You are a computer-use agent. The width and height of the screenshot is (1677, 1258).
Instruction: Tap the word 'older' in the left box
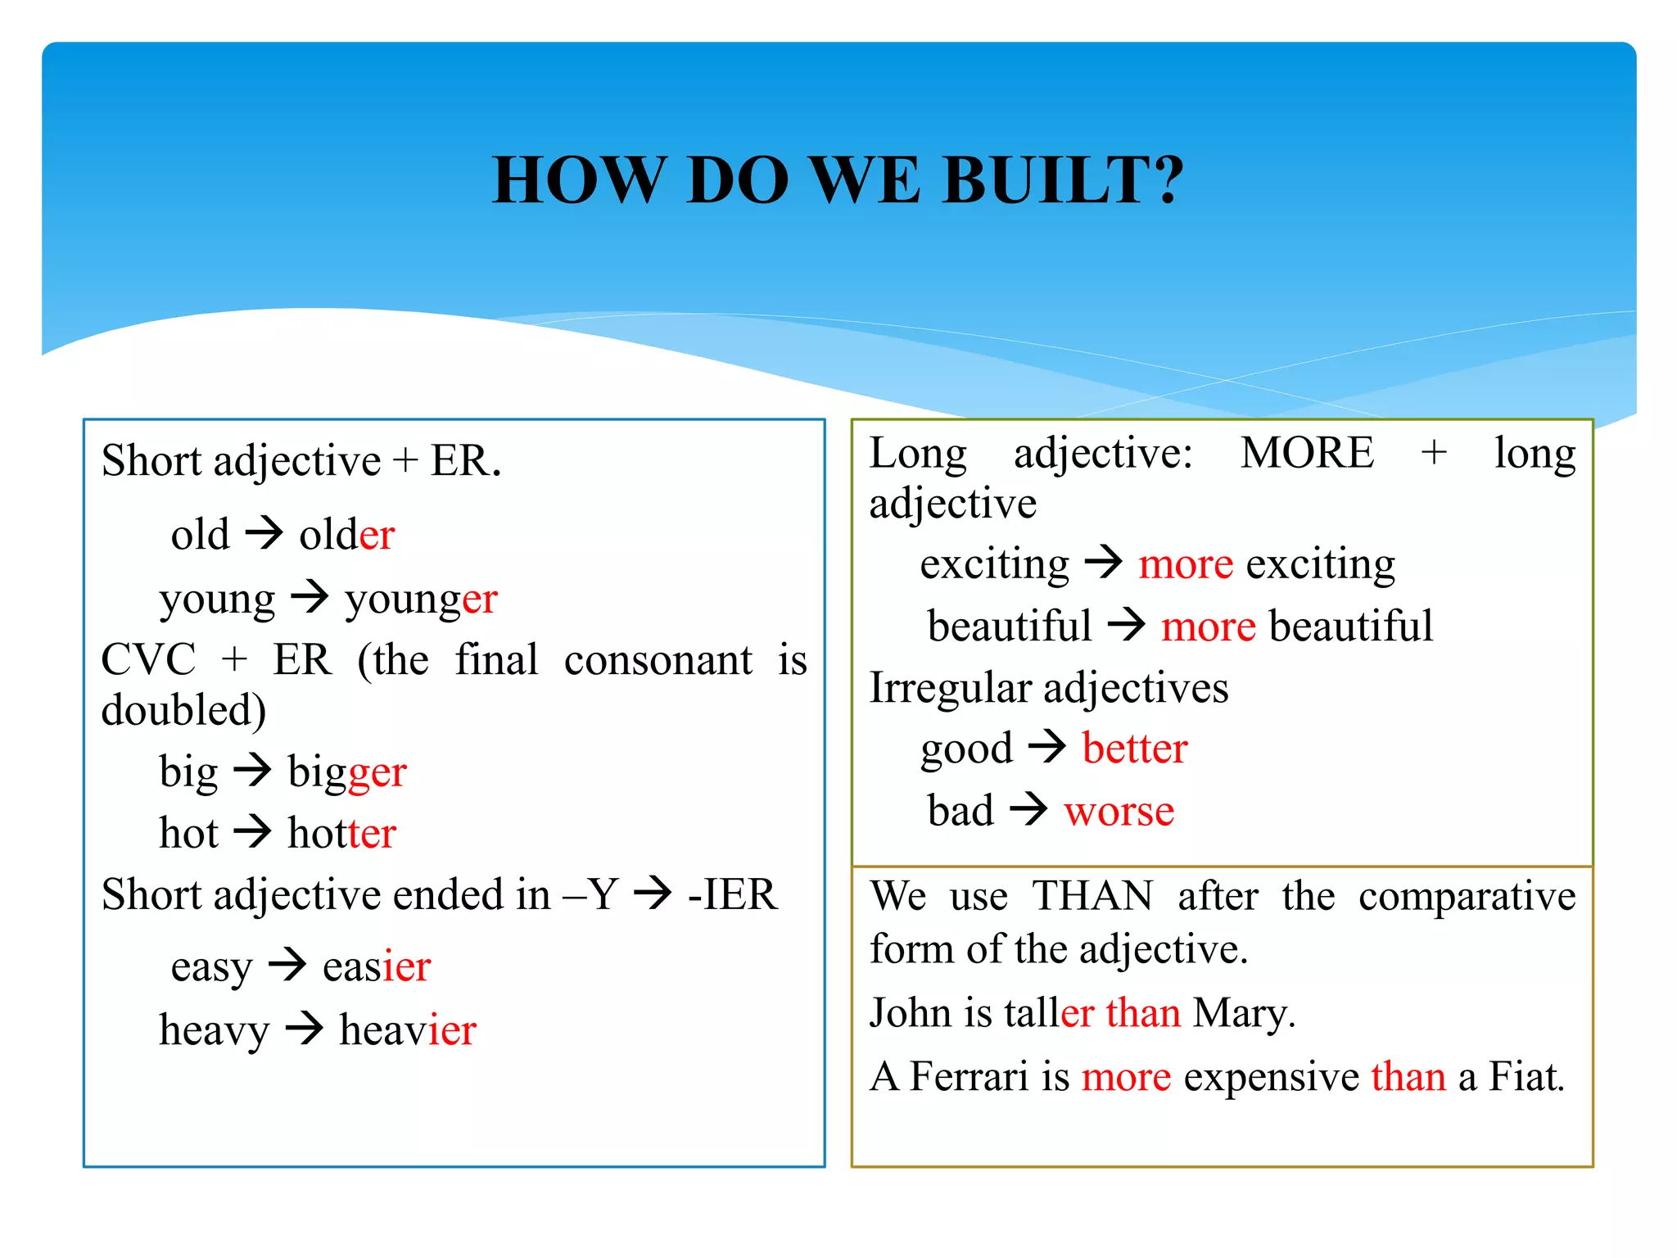(347, 535)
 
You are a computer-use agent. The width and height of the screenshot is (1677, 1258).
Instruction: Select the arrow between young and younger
(310, 597)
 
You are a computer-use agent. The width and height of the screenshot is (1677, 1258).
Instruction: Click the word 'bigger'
(347, 772)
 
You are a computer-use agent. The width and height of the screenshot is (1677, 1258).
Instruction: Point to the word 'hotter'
(341, 834)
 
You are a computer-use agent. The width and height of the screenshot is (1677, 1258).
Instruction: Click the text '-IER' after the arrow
(732, 894)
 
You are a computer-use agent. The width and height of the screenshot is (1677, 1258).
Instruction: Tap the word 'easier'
(377, 966)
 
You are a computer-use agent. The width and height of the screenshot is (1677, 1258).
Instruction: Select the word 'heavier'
(407, 1029)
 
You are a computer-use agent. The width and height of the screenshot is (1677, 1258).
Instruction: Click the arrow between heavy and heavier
(305, 1028)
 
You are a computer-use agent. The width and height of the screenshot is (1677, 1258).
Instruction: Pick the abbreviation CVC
(148, 659)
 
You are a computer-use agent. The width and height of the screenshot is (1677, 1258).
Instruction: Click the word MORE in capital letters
(1307, 453)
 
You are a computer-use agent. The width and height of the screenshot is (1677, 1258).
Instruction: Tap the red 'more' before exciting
(1185, 564)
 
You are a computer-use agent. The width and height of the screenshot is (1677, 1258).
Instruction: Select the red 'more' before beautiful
(1208, 627)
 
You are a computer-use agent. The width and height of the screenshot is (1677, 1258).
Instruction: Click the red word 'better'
(1134, 749)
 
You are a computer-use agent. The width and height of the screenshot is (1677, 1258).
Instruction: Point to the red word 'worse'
(1119, 811)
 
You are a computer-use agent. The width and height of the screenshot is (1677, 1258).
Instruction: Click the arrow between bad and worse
(1028, 809)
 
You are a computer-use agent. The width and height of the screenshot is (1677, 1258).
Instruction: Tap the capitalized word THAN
(1092, 895)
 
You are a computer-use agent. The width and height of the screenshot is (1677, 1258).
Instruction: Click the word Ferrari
(969, 1076)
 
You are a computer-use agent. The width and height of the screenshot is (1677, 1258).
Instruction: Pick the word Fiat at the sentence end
(1526, 1076)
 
